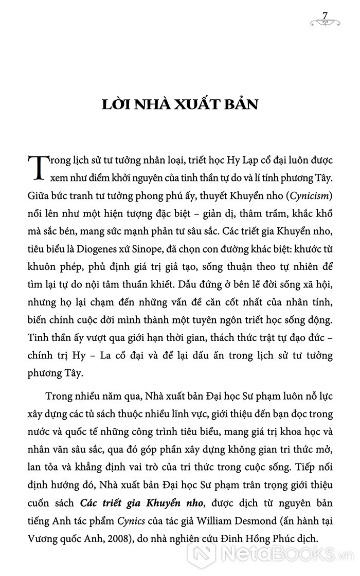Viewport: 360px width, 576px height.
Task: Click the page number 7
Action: click(325, 13)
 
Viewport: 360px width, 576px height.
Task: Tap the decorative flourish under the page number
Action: click(325, 22)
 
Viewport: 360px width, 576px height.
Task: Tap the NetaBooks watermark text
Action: click(277, 557)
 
